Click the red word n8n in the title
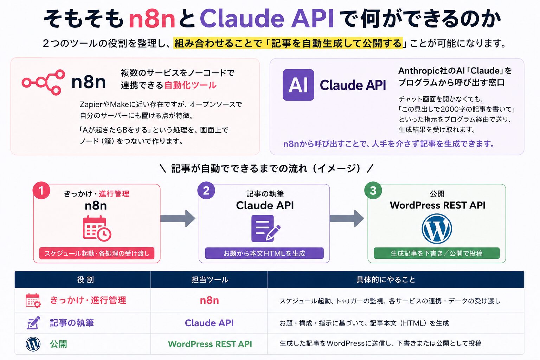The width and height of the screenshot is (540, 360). click(x=152, y=19)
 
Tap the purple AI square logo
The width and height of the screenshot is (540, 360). click(x=298, y=85)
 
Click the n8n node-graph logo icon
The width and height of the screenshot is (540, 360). click(x=43, y=83)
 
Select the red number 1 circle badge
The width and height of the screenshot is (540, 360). click(x=41, y=190)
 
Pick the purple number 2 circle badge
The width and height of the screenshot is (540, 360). click(x=206, y=190)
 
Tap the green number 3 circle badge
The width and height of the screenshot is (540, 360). click(x=373, y=190)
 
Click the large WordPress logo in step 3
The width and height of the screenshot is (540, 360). click(x=437, y=229)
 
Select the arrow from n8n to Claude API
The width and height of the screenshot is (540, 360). click(x=178, y=218)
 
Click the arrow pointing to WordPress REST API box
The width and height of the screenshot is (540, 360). click(x=347, y=218)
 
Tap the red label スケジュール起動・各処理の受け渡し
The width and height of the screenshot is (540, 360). click(x=97, y=253)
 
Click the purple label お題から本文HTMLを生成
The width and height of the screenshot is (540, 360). click(x=264, y=253)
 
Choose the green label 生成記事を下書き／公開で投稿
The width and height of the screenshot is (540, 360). click(x=437, y=253)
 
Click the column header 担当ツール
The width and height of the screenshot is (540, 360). click(x=210, y=280)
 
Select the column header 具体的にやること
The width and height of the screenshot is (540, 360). click(x=386, y=280)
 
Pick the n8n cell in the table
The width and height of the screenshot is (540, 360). click(x=209, y=301)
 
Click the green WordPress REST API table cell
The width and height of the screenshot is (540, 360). click(x=210, y=344)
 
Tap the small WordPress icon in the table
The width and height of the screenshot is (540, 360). click(x=33, y=344)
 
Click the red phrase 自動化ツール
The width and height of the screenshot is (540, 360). click(x=190, y=85)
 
